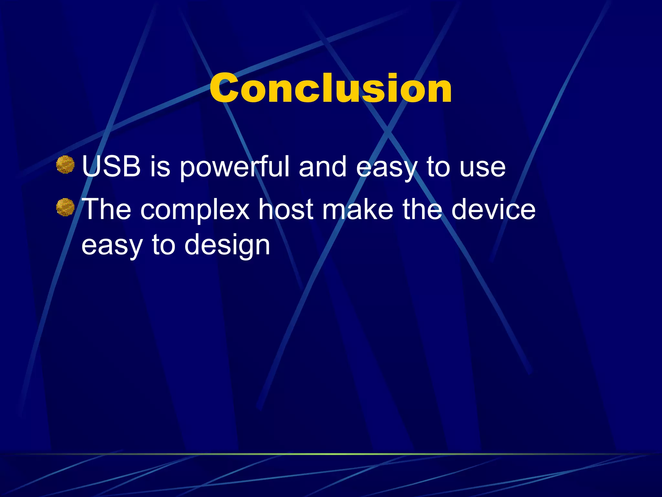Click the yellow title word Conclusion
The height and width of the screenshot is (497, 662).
pyautogui.click(x=330, y=88)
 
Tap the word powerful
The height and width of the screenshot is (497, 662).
pyautogui.click(x=234, y=167)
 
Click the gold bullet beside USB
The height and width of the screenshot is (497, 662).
pyautogui.click(x=65, y=165)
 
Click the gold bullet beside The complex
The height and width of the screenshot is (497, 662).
pyautogui.click(x=65, y=207)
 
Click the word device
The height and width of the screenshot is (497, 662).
pyautogui.click(x=493, y=209)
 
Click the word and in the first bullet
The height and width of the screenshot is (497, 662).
pyautogui.click(x=323, y=167)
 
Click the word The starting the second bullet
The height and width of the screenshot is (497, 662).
pyautogui.click(x=107, y=209)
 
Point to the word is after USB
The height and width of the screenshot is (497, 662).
pyautogui.click(x=160, y=167)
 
